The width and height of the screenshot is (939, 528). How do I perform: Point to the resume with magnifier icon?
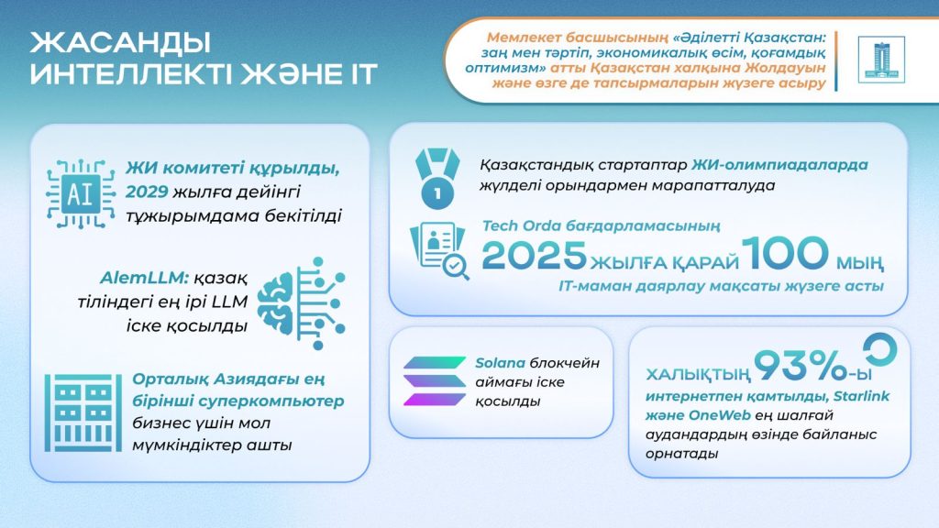pyautogui.click(x=440, y=250)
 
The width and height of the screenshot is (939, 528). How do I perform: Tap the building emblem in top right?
pyautogui.click(x=880, y=60)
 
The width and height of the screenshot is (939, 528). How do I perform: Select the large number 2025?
pyautogui.click(x=535, y=256)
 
